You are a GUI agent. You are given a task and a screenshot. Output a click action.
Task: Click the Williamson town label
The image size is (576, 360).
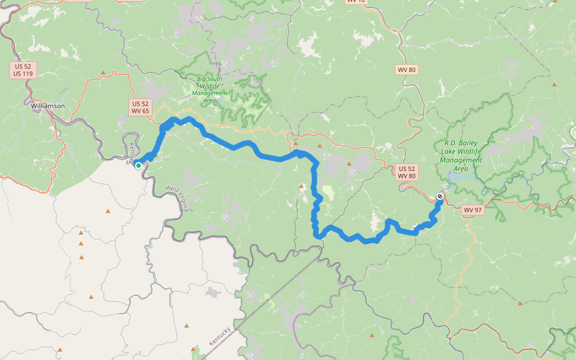pos(47,106)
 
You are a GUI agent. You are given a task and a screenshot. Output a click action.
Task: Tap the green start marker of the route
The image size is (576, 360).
pos(138,165)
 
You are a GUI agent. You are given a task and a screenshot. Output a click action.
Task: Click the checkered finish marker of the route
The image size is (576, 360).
pos(440,196)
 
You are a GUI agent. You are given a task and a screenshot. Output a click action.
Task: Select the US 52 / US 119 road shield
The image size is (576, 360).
pos(23,70)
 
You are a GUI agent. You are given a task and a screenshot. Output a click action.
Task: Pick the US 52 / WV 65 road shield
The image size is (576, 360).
pos(140,107)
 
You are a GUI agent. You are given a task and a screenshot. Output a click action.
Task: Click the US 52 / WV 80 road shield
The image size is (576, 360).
pos(407,173)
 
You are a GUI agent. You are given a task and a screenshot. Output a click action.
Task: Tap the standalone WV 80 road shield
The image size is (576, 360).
pos(407,70)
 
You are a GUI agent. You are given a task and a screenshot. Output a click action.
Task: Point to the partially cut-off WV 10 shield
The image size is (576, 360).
pos(355,1)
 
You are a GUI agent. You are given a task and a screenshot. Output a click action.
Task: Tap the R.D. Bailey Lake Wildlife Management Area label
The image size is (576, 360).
pos(461,156)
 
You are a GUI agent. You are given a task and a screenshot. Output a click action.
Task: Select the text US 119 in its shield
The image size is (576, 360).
pos(23,74)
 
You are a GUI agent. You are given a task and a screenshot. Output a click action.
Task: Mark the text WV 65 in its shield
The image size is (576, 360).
pos(140,111)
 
